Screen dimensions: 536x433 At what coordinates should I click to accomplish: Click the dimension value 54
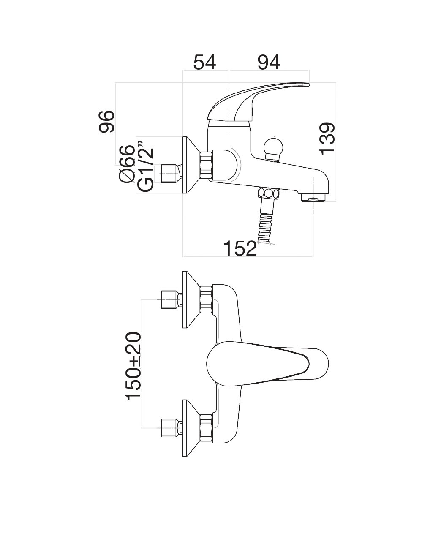pyautogui.click(x=205, y=63)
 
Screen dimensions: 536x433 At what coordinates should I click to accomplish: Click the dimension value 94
pyautogui.click(x=269, y=63)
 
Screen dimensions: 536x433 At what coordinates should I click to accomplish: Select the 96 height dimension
pyautogui.click(x=107, y=121)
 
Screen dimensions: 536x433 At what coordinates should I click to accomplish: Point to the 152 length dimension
pyautogui.click(x=240, y=248)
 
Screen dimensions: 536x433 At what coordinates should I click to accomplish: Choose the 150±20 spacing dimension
pyautogui.click(x=133, y=365)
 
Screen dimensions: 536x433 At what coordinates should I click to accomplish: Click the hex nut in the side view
pyautogui.click(x=205, y=165)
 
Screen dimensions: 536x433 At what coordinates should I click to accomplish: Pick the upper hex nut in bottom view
pyautogui.click(x=206, y=299)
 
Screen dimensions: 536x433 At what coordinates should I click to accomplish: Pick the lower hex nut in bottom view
pyautogui.click(x=206, y=428)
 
